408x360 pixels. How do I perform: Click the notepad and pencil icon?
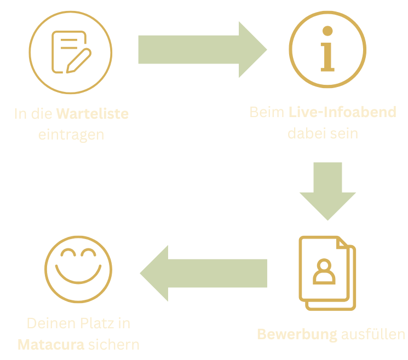tap(70, 51)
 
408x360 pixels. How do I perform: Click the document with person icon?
tap(327, 272)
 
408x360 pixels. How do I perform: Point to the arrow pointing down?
tap(327, 190)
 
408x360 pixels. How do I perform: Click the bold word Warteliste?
tap(93, 115)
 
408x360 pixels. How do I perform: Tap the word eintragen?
tap(71, 135)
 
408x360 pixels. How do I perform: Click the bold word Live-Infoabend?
tap(342, 113)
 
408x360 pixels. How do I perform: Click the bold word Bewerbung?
tap(297, 334)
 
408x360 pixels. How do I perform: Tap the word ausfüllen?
tap(373, 334)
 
